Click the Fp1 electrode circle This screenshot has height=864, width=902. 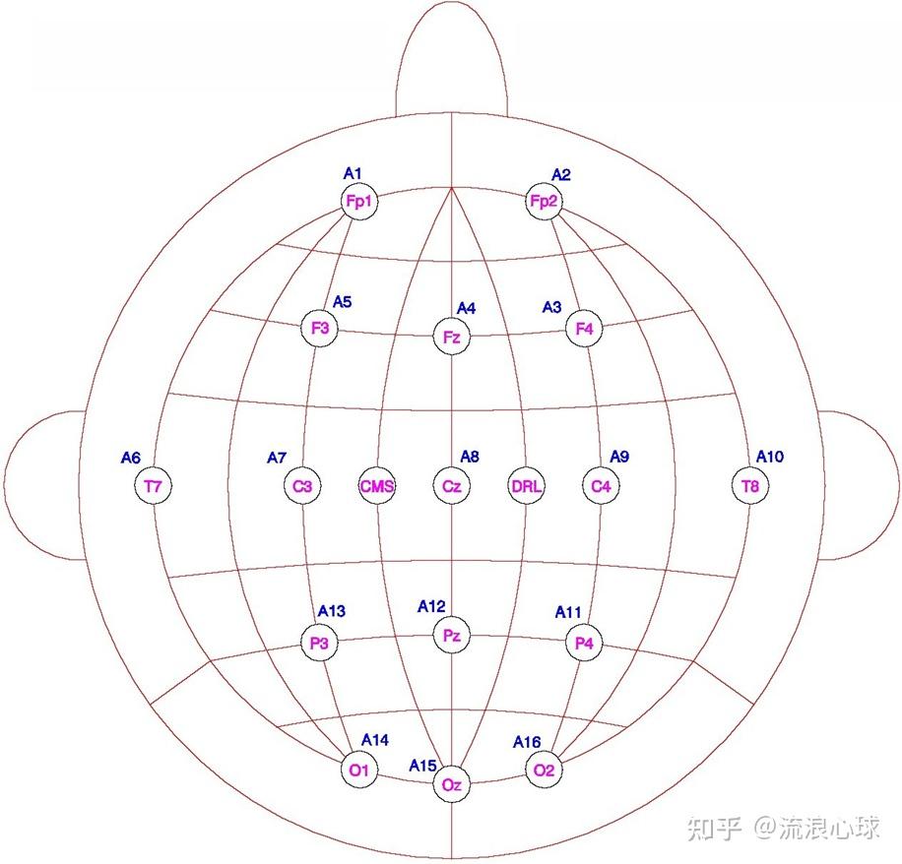point(358,202)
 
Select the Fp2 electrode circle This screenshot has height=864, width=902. point(544,202)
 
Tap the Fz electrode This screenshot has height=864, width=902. point(451,338)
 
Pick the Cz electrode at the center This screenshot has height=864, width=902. point(451,486)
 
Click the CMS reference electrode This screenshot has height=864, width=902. point(377,486)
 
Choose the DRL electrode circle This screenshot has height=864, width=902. point(527,486)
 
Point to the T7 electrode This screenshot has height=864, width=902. point(152,486)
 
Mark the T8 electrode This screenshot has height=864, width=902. point(750,486)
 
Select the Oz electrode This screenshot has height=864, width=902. point(451,784)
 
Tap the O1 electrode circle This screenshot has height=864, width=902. point(357,770)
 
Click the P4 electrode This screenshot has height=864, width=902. point(584,644)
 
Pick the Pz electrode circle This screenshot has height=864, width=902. point(451,637)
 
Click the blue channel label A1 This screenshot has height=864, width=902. point(353,173)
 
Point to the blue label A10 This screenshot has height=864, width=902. point(770,457)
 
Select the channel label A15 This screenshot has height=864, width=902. point(423,766)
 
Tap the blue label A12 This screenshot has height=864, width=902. point(431,606)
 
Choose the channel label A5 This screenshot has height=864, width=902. point(342,302)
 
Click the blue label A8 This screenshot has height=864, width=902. point(470,457)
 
